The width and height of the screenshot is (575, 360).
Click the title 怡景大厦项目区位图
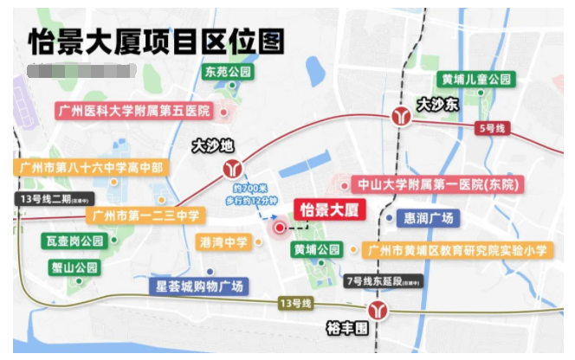click(x=156, y=40)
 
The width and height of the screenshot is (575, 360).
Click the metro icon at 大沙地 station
click(x=233, y=166)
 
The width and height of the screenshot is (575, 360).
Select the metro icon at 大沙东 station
click(x=400, y=114)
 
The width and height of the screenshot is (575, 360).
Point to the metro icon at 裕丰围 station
click(x=377, y=309)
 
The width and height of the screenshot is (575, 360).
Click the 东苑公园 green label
click(x=228, y=72)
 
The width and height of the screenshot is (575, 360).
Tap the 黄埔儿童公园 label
click(x=475, y=79)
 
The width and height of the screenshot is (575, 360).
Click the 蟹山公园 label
click(x=74, y=267)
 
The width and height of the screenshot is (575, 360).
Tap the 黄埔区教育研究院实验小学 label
click(x=457, y=251)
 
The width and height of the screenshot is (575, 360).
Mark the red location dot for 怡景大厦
click(x=280, y=228)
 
